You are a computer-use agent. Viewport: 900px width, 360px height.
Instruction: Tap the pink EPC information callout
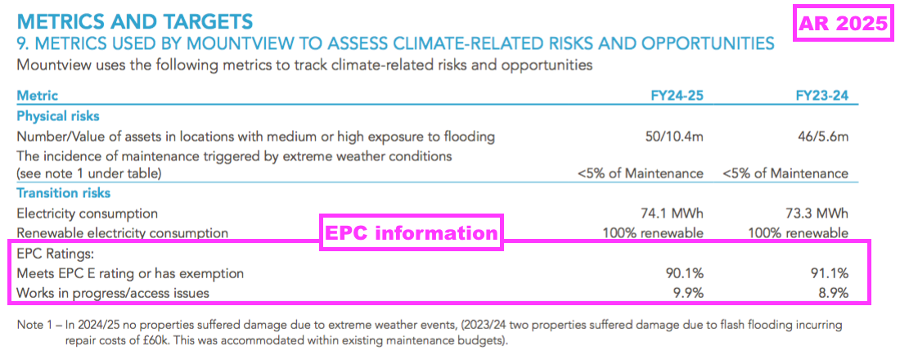(411, 232)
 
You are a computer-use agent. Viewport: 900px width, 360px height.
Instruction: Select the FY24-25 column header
(677, 96)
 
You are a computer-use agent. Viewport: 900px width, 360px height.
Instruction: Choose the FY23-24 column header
(822, 96)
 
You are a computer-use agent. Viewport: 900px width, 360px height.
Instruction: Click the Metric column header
(38, 96)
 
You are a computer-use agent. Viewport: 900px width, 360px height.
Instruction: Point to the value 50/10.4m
(674, 137)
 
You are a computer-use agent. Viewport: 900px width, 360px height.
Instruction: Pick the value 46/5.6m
(821, 137)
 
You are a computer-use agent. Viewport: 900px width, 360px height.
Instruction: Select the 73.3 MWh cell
(818, 214)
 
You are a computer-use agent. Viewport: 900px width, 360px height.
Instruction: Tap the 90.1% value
(686, 273)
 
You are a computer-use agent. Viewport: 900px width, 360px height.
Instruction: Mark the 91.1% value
(830, 273)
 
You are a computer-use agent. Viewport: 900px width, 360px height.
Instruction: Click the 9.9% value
(688, 294)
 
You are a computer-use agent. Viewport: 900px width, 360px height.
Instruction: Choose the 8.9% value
(833, 294)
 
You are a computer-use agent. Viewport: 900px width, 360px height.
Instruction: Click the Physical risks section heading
(58, 116)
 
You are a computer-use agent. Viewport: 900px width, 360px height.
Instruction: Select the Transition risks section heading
(63, 193)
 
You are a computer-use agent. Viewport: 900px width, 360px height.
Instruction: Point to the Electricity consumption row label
(88, 214)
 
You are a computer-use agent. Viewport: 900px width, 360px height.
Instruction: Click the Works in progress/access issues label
(113, 294)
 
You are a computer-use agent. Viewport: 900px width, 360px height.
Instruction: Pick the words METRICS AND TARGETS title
(135, 22)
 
